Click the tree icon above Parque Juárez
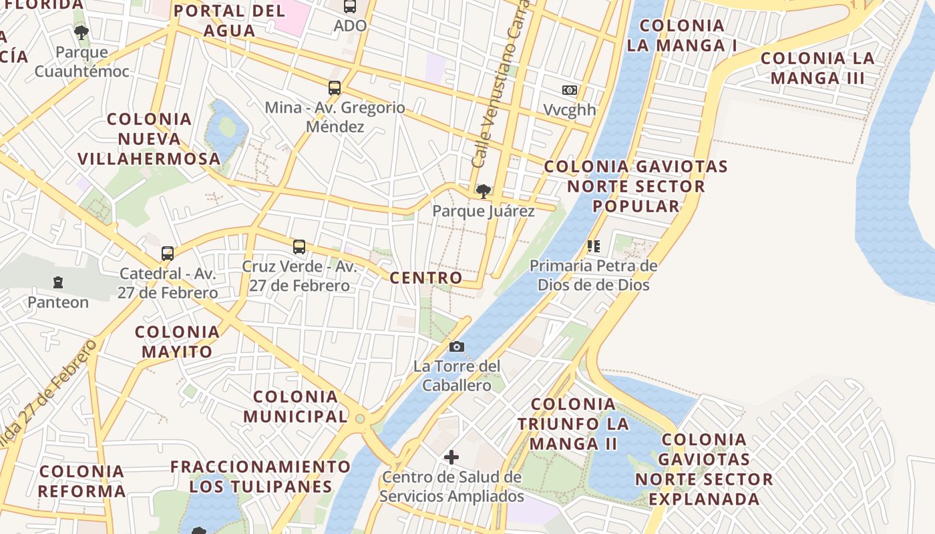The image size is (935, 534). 483,192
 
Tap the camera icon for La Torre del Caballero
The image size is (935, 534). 457,346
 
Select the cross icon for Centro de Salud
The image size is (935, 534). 451,457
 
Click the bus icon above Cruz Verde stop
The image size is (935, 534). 299,247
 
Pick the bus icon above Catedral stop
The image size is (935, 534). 168,254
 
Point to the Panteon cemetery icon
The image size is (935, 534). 58,283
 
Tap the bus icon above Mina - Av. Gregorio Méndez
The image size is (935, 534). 335,88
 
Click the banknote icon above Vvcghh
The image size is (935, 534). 570,90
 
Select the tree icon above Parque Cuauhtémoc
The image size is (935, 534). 81,32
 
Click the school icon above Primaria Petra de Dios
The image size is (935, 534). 593,246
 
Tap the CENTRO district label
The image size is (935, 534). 426,278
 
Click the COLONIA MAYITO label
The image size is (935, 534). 177,342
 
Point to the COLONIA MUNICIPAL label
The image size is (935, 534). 295,407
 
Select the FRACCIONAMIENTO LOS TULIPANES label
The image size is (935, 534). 260,476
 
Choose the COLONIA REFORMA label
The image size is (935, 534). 82,481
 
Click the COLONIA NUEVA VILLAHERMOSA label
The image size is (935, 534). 149,139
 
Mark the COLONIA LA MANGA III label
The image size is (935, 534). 817,68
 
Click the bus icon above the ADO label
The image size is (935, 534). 350,7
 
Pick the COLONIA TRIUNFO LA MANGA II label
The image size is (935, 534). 573,424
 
